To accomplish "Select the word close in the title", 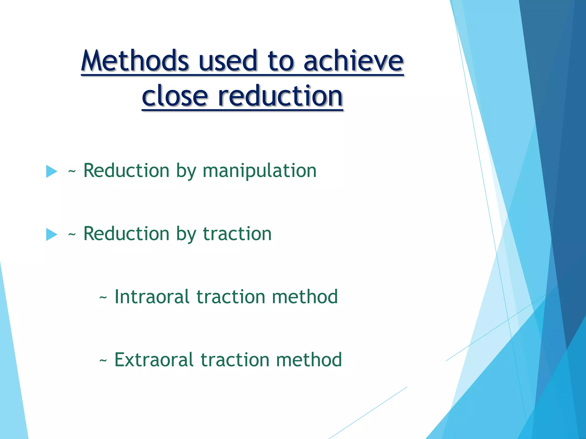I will (x=175, y=95).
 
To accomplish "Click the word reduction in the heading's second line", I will (x=280, y=95).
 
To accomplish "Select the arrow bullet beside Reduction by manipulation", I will (x=52, y=171).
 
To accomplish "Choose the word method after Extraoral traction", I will (x=309, y=360).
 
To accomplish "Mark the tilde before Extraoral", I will (x=103, y=361).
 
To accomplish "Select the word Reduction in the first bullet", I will (x=126, y=171).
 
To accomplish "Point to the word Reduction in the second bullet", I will (x=126, y=234).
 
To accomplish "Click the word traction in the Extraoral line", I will (x=235, y=360).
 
